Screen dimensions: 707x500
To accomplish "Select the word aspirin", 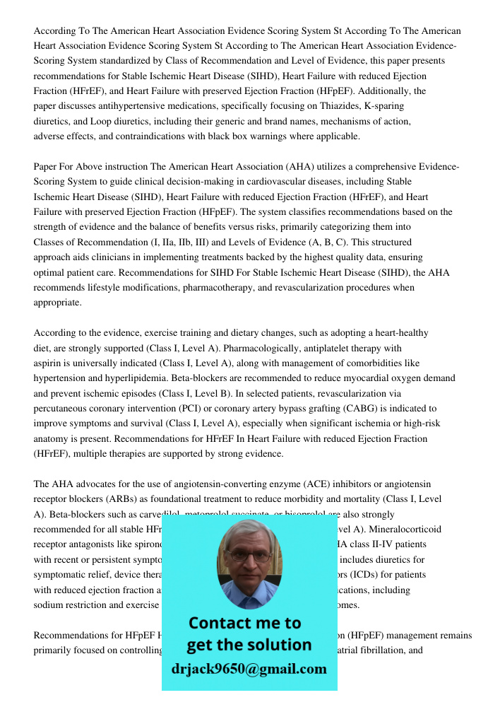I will (x=49, y=363).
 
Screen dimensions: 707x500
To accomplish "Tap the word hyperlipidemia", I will (x=135, y=378).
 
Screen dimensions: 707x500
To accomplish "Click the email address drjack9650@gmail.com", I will (x=249, y=669).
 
